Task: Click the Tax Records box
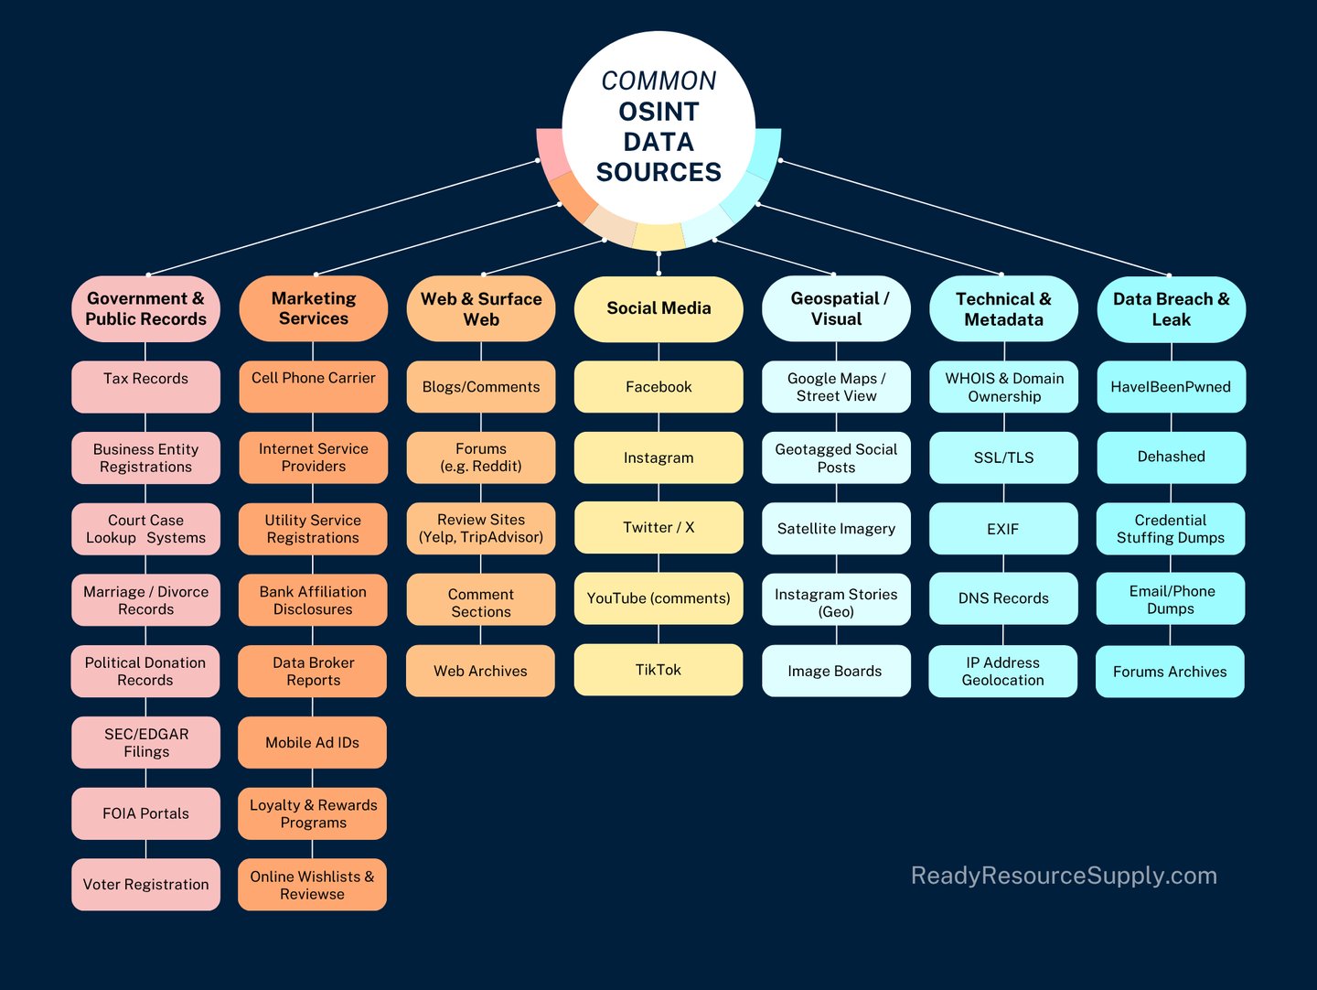click(x=145, y=386)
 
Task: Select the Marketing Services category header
click(x=313, y=308)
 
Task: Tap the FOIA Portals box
click(x=145, y=813)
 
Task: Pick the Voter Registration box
click(x=145, y=884)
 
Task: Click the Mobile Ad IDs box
click(x=312, y=742)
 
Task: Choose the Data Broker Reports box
click(x=312, y=671)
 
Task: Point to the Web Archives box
click(x=480, y=670)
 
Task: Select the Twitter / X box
click(x=658, y=527)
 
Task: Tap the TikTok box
click(x=658, y=670)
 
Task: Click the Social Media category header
click(x=658, y=309)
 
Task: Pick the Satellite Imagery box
click(x=836, y=529)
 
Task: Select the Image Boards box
click(x=836, y=671)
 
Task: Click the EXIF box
click(x=1003, y=529)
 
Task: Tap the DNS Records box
click(x=1003, y=598)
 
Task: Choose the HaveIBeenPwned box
click(x=1172, y=386)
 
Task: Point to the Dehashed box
click(x=1172, y=457)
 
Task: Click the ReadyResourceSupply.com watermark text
click(x=1064, y=876)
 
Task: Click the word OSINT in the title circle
click(x=658, y=112)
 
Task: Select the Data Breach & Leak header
click(x=1172, y=309)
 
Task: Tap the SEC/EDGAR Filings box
click(x=145, y=742)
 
